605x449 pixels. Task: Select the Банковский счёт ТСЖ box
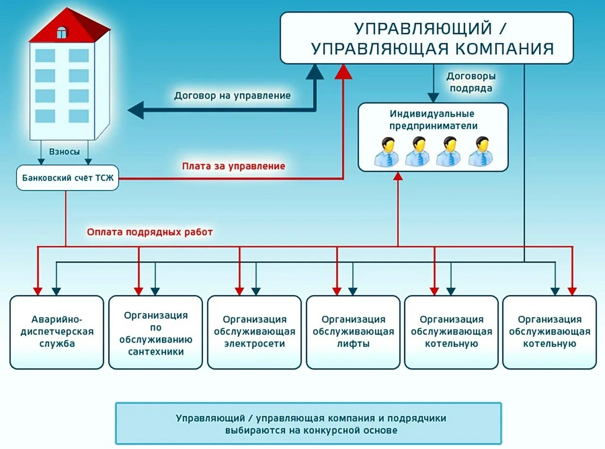(68, 178)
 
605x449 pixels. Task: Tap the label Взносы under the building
(64, 152)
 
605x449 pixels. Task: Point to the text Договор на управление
(232, 95)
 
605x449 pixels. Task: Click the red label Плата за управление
(233, 166)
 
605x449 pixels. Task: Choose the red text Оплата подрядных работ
(150, 232)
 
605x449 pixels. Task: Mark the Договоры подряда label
(471, 82)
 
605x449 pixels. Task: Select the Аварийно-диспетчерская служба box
(56, 332)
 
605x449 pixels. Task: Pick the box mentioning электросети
(254, 332)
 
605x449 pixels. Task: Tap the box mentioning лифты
(353, 332)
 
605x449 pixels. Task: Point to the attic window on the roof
(61, 32)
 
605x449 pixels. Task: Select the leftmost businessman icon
(387, 152)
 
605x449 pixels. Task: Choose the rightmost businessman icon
(481, 152)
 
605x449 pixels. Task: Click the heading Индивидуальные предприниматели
(432, 120)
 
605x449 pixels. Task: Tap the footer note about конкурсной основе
(308, 424)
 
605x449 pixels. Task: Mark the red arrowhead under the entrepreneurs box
(398, 176)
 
